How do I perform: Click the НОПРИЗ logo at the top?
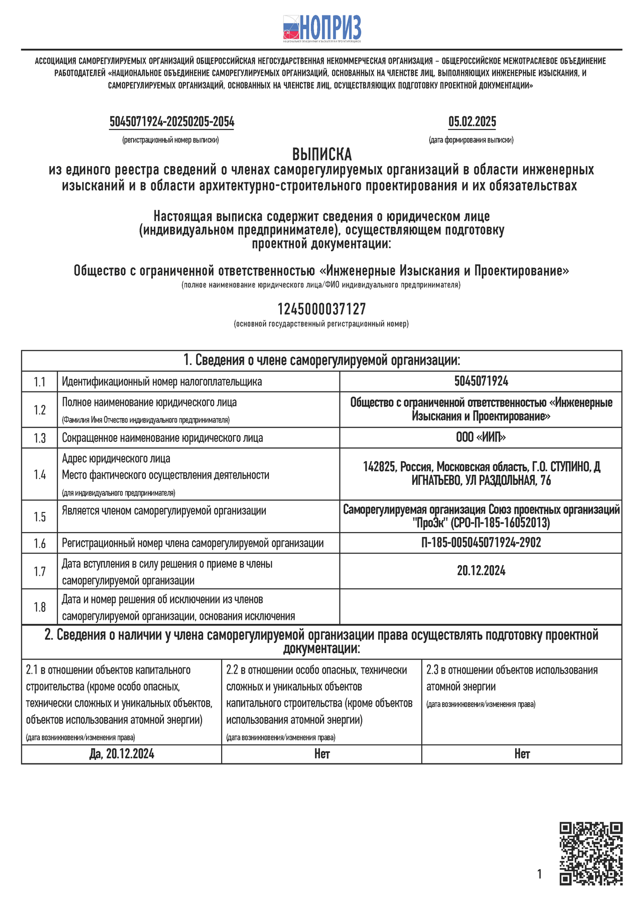(321, 28)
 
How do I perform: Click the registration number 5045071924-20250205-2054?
(172, 122)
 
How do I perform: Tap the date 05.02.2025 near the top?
(472, 122)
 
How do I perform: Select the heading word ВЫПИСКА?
(321, 154)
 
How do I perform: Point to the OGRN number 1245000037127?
(321, 309)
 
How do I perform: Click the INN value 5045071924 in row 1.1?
(481, 381)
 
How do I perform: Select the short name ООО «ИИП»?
(481, 437)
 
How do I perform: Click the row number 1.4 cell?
(40, 474)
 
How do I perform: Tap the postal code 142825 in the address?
(379, 467)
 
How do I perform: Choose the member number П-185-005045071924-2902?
(481, 542)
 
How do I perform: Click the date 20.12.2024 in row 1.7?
(481, 571)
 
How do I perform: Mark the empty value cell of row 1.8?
(481, 606)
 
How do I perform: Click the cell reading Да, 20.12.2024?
(122, 754)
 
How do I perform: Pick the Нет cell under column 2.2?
(321, 754)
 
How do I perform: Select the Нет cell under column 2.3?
(521, 754)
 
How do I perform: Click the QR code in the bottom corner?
(590, 854)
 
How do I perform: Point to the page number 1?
(539, 874)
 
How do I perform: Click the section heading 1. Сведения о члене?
(321, 361)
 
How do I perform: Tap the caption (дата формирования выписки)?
(471, 140)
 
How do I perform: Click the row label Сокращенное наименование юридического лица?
(162, 438)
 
